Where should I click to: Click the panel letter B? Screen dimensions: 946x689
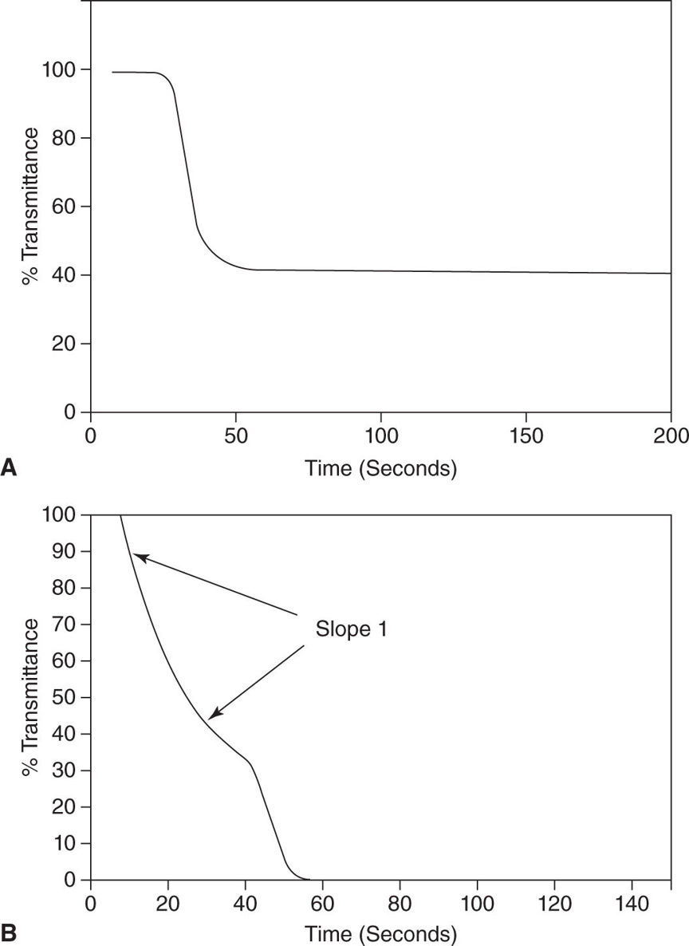10,931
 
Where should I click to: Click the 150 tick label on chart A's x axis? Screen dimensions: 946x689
526,437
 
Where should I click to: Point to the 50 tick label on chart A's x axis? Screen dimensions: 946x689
235,437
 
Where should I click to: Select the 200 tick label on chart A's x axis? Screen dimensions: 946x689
671,437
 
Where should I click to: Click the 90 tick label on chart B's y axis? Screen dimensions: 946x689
69,552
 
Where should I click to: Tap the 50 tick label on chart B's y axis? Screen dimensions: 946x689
69,698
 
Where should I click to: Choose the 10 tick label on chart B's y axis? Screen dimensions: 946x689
69,844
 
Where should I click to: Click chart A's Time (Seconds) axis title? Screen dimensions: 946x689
380,468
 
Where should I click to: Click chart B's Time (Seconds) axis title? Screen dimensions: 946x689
380,932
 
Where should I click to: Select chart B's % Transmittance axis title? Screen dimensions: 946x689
30,698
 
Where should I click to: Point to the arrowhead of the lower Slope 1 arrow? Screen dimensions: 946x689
211,717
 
